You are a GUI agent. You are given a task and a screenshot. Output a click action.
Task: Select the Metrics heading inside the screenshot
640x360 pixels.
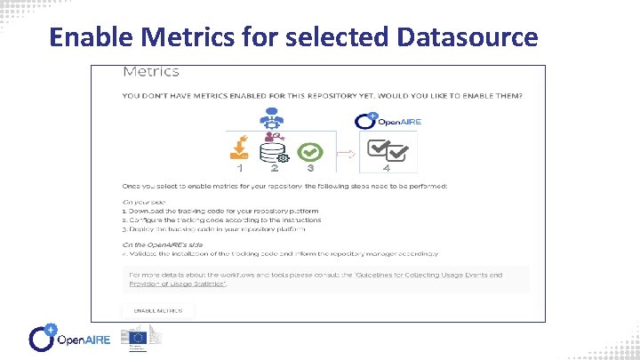pos(150,71)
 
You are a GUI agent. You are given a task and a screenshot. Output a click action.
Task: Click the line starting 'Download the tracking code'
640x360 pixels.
pos(213,211)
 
